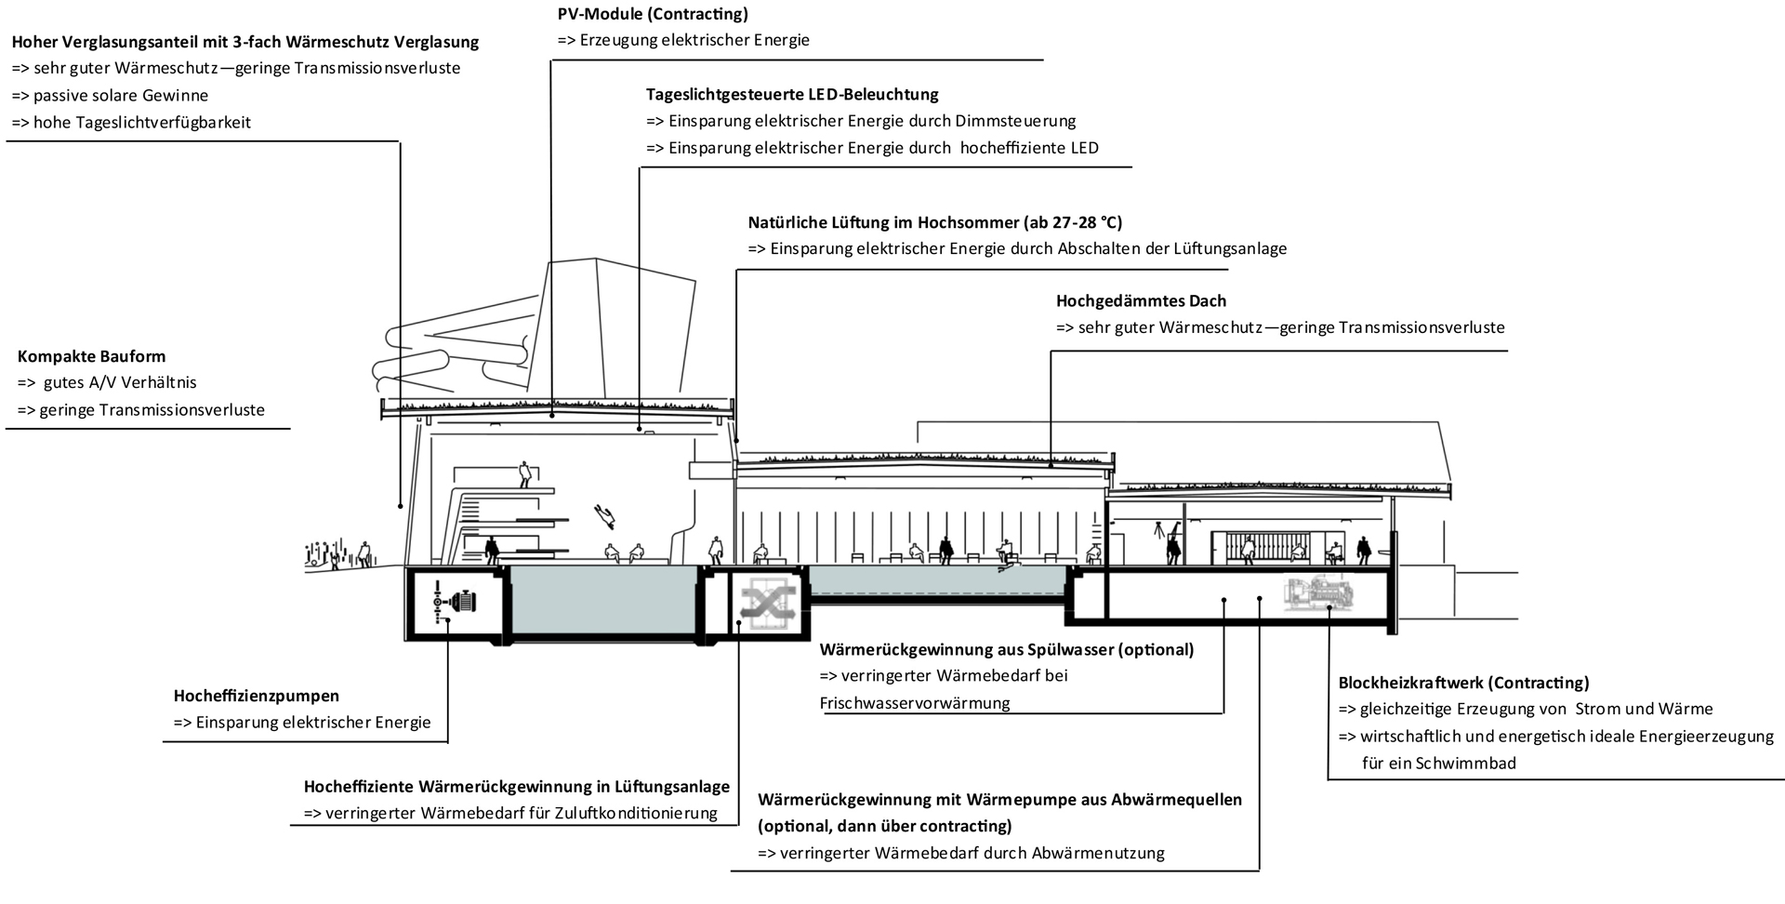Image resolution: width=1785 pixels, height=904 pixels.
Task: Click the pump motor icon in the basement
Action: (x=462, y=602)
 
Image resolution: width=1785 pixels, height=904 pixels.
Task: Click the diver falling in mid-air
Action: (x=606, y=512)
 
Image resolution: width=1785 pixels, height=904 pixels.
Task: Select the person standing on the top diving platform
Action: (x=526, y=474)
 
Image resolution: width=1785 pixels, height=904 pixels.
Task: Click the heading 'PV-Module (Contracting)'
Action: (x=653, y=14)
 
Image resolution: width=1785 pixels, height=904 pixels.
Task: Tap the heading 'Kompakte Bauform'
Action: (x=91, y=356)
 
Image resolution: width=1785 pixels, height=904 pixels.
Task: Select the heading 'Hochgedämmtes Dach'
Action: (x=1141, y=301)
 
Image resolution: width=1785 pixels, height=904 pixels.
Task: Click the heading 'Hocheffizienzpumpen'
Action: (x=257, y=696)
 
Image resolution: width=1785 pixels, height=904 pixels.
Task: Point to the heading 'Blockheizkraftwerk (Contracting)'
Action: (x=1463, y=683)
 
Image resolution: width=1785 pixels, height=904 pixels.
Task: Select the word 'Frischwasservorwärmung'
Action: (x=915, y=703)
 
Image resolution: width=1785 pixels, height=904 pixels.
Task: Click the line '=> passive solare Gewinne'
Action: (x=110, y=96)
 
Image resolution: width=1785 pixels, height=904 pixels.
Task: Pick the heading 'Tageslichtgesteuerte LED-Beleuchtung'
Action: (x=792, y=94)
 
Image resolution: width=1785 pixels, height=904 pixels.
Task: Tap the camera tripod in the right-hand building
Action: (x=1158, y=532)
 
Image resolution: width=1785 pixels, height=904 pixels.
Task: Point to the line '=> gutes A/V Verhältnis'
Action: (x=107, y=382)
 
